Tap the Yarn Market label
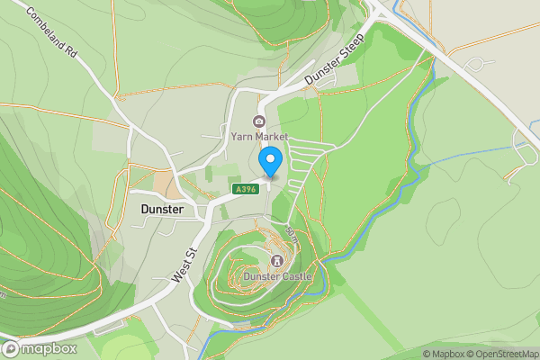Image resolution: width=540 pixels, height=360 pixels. [x=258, y=137]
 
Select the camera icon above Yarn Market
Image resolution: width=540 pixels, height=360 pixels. [x=258, y=121]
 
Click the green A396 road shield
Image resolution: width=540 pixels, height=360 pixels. [x=245, y=189]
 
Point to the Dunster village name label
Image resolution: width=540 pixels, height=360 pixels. [x=163, y=209]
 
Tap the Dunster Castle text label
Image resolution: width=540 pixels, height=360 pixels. [x=277, y=277]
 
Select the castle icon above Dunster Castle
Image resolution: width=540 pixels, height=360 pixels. [x=277, y=262]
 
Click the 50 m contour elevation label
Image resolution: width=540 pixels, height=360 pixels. [x=292, y=237]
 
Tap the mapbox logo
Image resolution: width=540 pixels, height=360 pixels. [x=40, y=348]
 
